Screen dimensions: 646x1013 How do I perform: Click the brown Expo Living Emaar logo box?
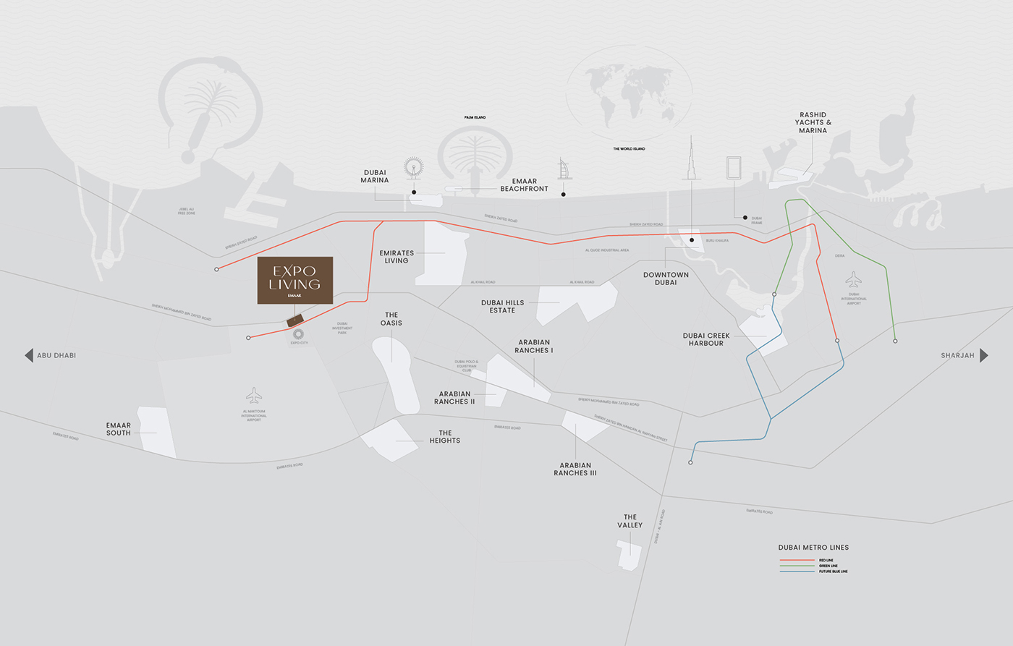click(295, 280)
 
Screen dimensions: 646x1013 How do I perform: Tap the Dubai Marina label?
click(375, 177)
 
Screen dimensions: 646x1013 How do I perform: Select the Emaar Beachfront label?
click(524, 185)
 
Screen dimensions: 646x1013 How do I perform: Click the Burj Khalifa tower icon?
click(691, 159)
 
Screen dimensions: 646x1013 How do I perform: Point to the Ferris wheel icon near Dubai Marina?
click(414, 167)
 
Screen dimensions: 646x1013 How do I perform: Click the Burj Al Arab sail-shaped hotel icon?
click(564, 169)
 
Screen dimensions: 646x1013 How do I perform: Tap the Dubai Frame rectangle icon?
click(734, 167)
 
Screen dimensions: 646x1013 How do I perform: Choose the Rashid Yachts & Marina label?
click(813, 123)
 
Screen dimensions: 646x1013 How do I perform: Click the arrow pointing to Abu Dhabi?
click(29, 355)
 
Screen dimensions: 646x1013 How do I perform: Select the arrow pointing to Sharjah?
click(983, 355)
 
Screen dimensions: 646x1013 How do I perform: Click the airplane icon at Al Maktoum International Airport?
click(254, 395)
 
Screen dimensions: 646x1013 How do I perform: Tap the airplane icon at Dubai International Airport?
click(854, 279)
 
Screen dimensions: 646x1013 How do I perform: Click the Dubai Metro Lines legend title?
click(813, 548)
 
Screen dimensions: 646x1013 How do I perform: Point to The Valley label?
click(630, 521)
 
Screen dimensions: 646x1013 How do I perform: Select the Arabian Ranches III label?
click(575, 469)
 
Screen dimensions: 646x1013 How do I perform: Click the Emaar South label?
click(119, 429)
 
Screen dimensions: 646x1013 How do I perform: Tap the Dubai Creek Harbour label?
click(706, 339)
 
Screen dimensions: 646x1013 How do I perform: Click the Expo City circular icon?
click(298, 333)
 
